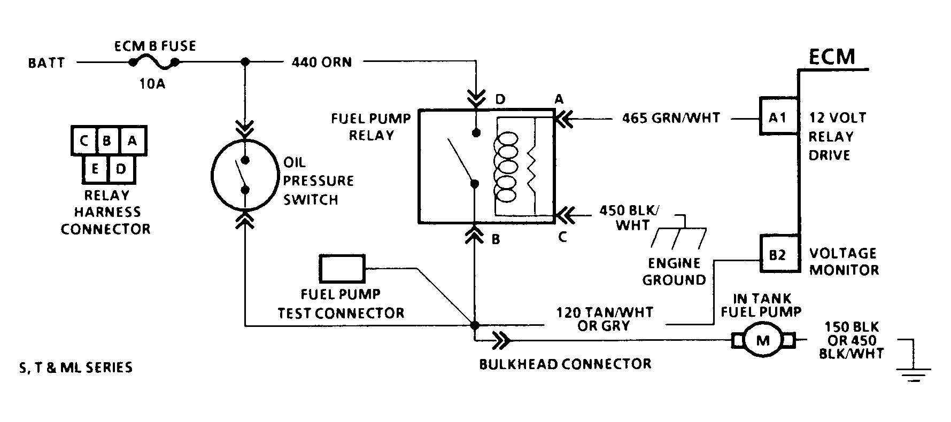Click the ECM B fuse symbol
(x=154, y=63)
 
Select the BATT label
(x=47, y=63)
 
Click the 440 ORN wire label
(x=322, y=62)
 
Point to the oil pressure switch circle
(x=245, y=175)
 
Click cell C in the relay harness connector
(x=83, y=141)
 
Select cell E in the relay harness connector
(x=95, y=169)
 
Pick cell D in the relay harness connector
(x=121, y=169)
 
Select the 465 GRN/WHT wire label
(x=671, y=118)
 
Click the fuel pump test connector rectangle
(x=342, y=268)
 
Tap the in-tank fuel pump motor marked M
(x=763, y=340)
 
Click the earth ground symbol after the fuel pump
(x=915, y=369)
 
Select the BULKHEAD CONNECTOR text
(x=565, y=364)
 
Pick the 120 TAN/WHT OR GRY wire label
(x=604, y=319)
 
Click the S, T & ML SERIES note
(x=75, y=368)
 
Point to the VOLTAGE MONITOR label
(x=844, y=261)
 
